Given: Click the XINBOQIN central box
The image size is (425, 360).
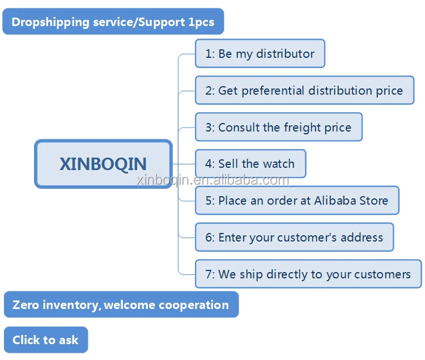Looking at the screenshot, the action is click(x=103, y=164).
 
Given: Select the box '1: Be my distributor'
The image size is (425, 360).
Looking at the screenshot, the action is click(x=260, y=53).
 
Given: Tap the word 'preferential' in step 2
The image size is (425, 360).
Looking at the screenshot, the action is click(x=273, y=91).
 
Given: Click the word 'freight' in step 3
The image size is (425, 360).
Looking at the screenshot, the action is click(x=303, y=128).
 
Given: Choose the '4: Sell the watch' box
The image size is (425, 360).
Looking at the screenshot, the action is click(x=250, y=164).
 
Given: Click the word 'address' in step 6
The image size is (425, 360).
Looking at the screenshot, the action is click(x=362, y=238).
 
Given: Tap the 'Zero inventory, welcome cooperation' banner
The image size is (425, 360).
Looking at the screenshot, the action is click(x=121, y=304).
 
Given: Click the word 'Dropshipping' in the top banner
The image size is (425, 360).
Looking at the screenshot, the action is click(x=50, y=22).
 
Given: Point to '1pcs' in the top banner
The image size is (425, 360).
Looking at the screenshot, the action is click(x=201, y=22).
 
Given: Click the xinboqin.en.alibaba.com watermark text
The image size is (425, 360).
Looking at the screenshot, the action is click(x=212, y=180).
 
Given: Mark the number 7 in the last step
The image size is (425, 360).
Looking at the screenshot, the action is click(x=208, y=274).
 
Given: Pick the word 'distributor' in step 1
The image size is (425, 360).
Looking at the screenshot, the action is click(x=286, y=54).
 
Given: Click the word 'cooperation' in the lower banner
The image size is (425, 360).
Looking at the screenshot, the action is click(x=194, y=305).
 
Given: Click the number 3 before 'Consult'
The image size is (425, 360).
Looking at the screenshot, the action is click(x=208, y=128).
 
